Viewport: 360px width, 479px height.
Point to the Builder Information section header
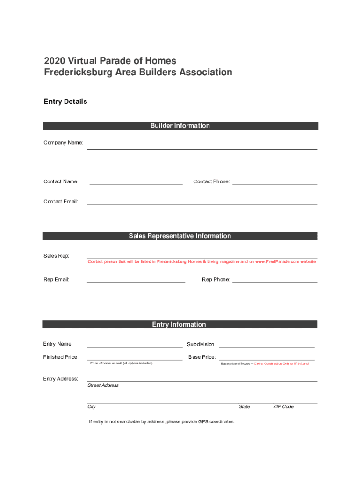pyautogui.click(x=180, y=126)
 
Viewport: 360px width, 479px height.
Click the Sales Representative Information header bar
pyautogui.click(x=180, y=236)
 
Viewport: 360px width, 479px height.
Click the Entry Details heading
pyautogui.click(x=65, y=102)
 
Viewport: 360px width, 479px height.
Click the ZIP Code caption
pyautogui.click(x=283, y=407)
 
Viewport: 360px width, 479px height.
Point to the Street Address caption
pyautogui.click(x=103, y=385)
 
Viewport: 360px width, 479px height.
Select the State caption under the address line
pyautogui.click(x=244, y=407)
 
